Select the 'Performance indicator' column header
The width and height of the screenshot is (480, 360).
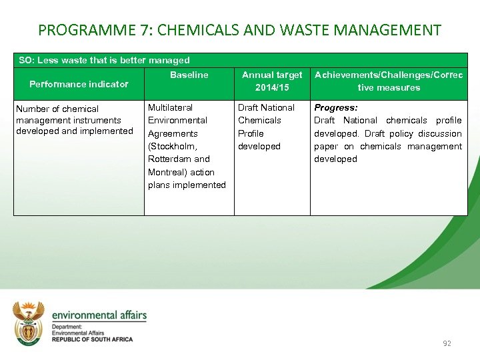[x=79, y=84]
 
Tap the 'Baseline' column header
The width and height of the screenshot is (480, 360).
[x=189, y=75]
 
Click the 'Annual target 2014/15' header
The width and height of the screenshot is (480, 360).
[x=271, y=81]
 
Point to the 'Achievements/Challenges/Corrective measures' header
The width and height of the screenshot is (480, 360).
[x=388, y=81]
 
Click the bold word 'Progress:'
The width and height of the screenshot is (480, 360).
[x=336, y=107]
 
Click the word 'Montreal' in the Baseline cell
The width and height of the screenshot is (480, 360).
[x=167, y=172]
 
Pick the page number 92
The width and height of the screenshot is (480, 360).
[x=447, y=343]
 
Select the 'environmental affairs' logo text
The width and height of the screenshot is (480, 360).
[x=99, y=315]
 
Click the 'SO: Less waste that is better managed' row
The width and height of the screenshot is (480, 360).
[x=104, y=60]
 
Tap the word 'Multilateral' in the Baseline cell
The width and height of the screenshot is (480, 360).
[x=170, y=107]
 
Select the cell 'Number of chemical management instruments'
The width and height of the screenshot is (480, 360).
[x=74, y=120]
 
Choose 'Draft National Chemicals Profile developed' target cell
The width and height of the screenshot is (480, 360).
[x=266, y=127]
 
